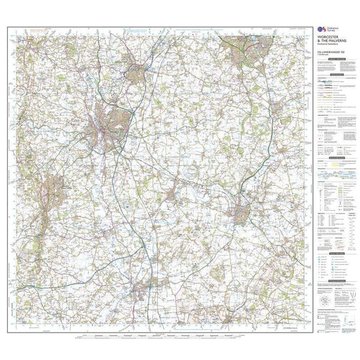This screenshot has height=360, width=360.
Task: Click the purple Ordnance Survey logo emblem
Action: coord(321,31)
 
